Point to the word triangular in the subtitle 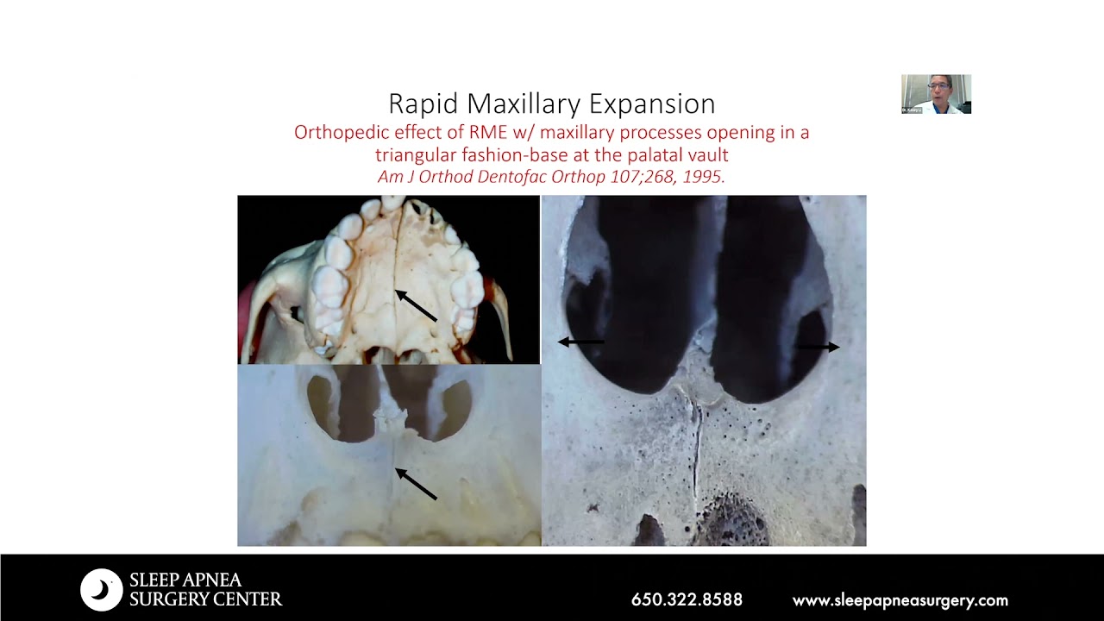pos(415,155)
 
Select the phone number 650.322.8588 pos(687,600)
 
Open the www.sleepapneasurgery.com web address pos(900,600)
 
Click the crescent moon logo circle pos(102,590)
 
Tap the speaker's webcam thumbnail pos(936,94)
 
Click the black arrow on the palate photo pos(416,305)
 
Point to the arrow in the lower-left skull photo pos(416,483)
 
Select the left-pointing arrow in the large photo pos(580,342)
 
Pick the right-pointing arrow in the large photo pos(817,347)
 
